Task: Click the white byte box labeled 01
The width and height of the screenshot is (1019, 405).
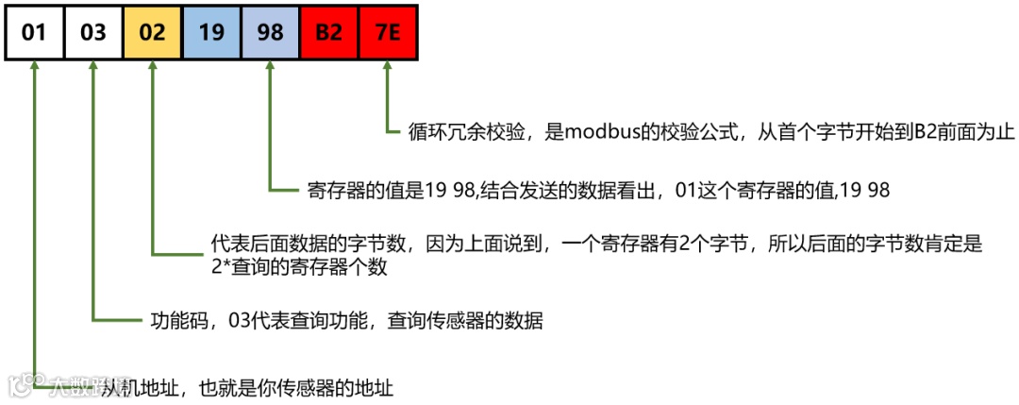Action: tap(34, 33)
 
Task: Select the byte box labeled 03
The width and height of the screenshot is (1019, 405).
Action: tap(92, 33)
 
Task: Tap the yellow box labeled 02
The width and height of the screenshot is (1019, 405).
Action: tap(152, 33)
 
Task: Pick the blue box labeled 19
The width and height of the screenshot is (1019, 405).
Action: tap(211, 33)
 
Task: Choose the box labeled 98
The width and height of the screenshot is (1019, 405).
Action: tap(270, 33)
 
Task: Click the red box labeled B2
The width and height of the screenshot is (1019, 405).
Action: tap(329, 33)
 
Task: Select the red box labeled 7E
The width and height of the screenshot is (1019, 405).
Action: tap(388, 33)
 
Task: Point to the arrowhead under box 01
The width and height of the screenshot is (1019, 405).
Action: tap(34, 68)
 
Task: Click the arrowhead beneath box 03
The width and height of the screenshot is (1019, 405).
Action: tap(92, 68)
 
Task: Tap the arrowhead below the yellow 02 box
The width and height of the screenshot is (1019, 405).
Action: tap(152, 68)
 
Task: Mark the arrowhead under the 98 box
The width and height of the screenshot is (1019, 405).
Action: tap(270, 68)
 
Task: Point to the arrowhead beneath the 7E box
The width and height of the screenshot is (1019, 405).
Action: tap(388, 68)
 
